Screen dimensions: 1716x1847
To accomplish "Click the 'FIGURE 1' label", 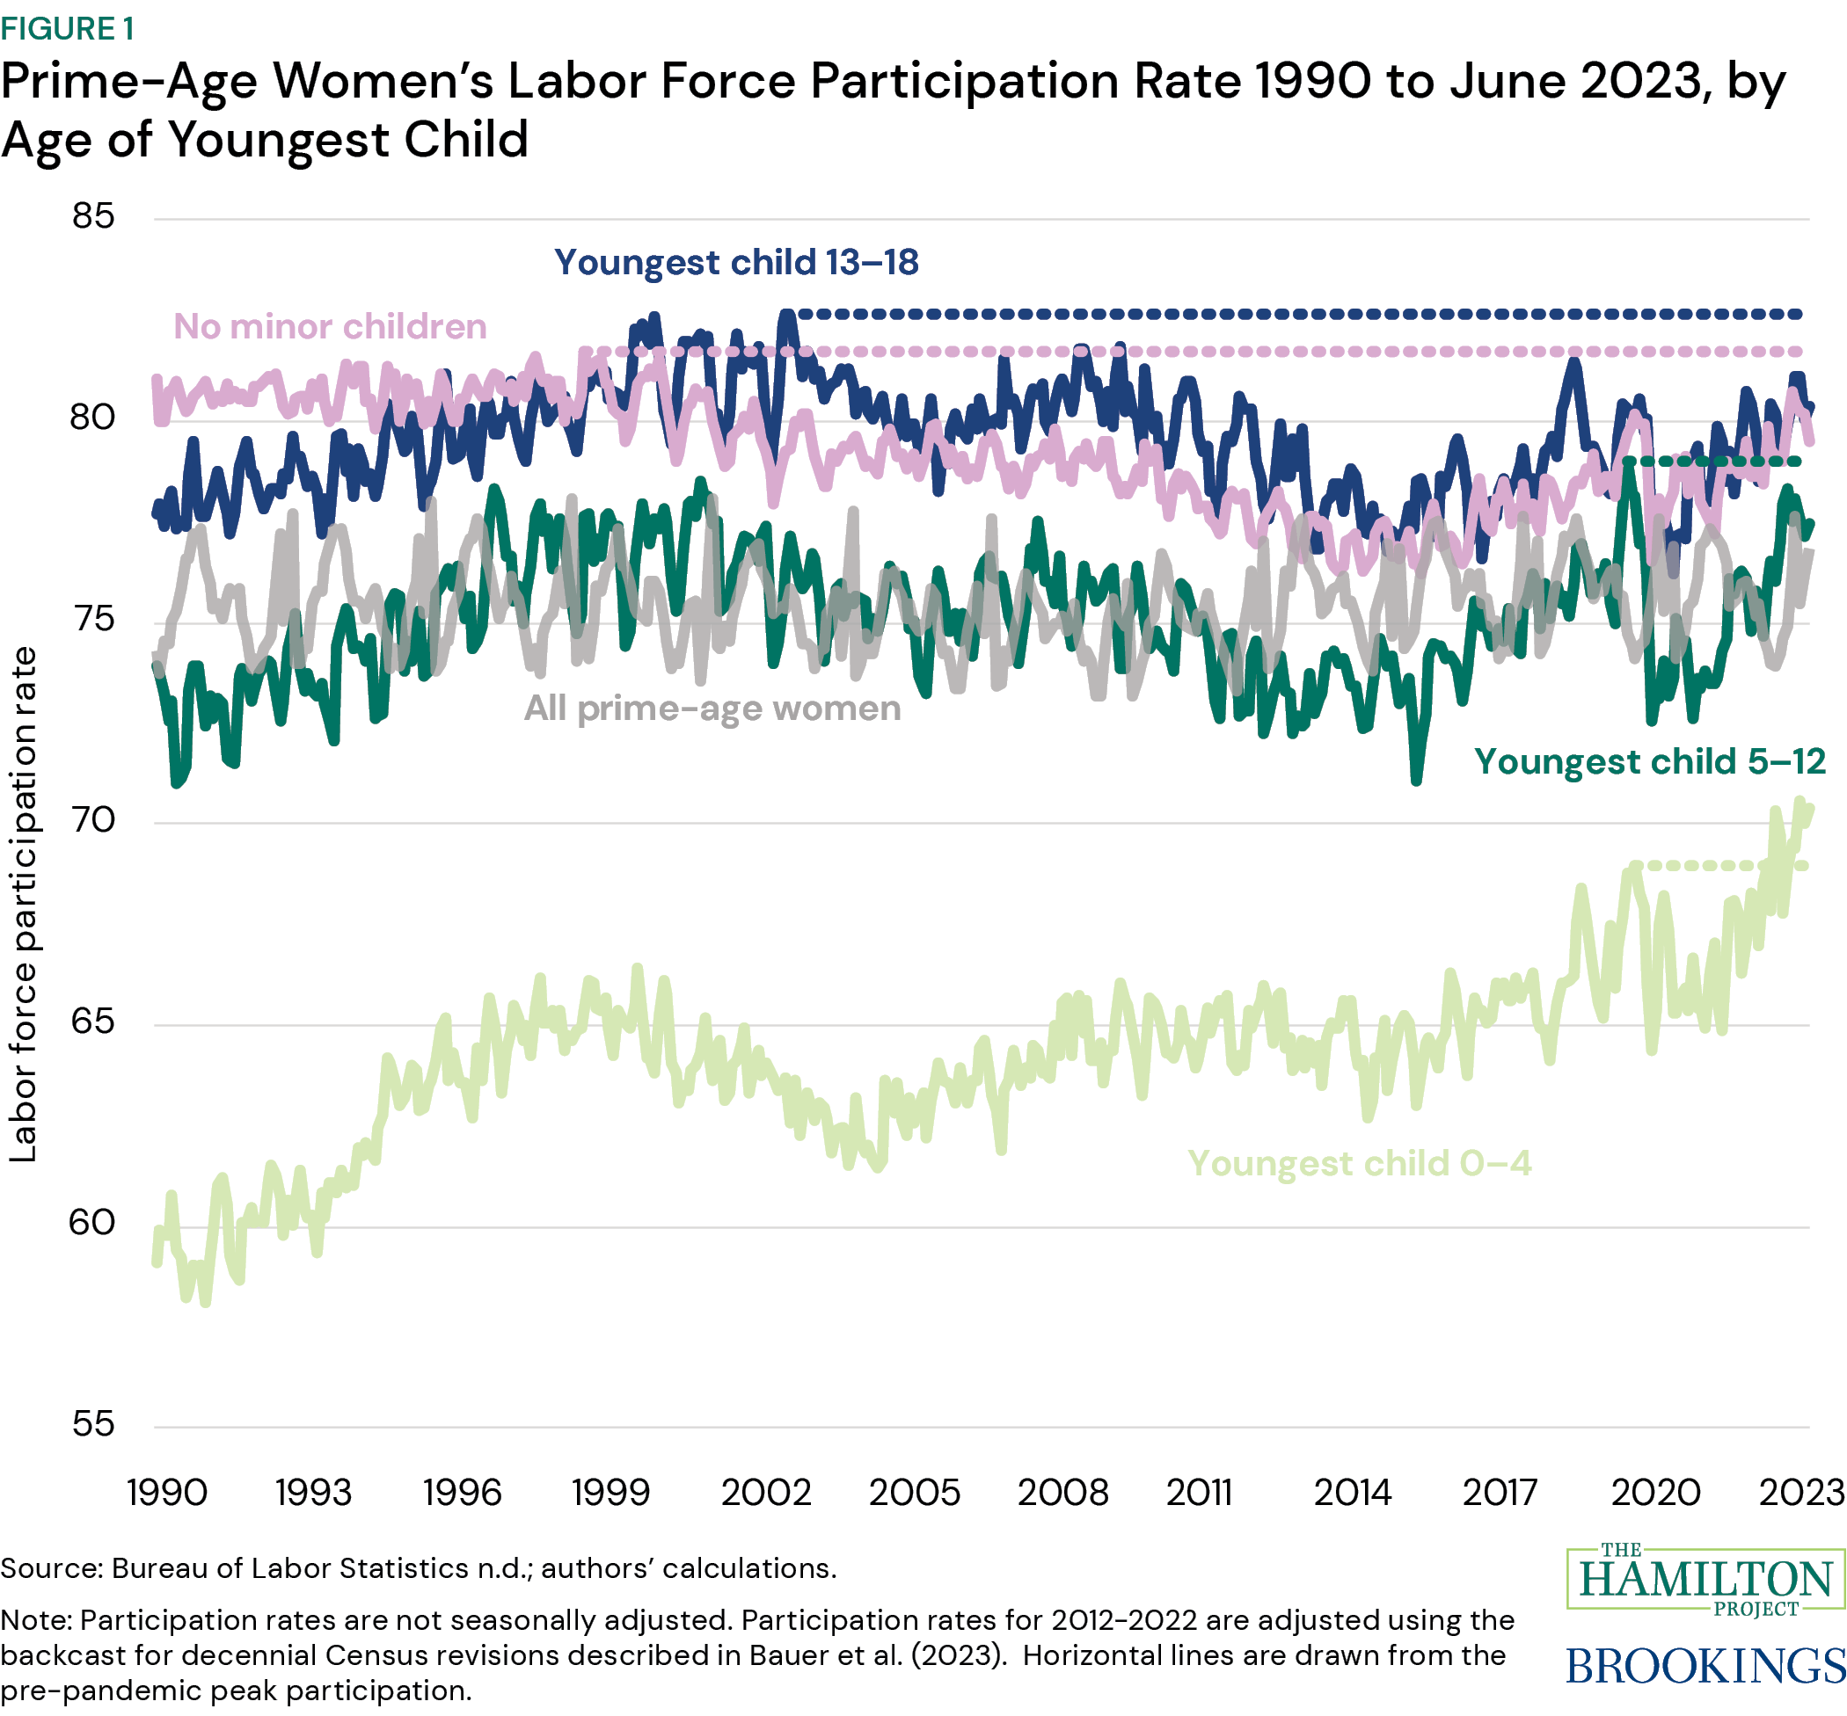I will point(68,29).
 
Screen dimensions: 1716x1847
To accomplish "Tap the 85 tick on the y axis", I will point(93,216).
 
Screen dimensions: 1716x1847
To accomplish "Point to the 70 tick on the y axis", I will point(93,820).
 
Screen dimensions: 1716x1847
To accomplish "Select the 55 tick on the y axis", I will point(93,1423).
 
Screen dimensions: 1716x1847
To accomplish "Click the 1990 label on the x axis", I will point(166,1493).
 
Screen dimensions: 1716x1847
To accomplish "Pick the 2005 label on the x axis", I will point(914,1493).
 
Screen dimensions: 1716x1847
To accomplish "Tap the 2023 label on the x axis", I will point(1801,1493).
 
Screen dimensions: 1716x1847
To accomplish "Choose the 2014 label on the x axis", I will point(1352,1493).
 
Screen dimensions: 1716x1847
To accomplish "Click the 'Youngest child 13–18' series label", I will point(736,263).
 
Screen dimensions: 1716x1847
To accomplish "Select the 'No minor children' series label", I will point(330,327).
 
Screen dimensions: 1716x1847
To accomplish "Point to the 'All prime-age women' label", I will point(712,709).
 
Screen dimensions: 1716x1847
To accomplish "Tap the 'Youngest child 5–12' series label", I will point(1650,761).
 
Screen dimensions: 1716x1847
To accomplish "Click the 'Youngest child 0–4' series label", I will point(1359,1164).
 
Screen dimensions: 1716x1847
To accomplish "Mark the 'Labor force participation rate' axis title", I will point(22,905).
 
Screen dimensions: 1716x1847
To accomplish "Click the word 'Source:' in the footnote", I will point(52,1568).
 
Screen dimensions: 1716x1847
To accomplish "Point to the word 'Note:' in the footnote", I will point(36,1620).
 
